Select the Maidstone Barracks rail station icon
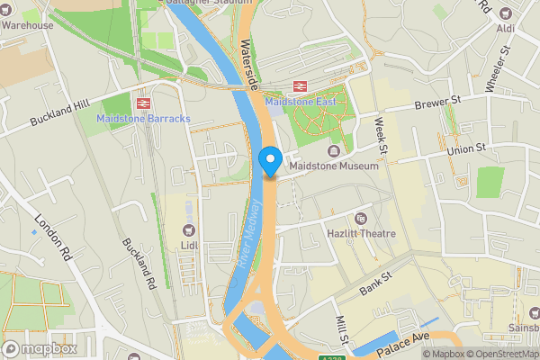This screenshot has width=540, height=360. click(x=139, y=103)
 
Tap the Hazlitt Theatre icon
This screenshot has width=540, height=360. click(x=361, y=219)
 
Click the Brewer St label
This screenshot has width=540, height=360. click(x=437, y=105)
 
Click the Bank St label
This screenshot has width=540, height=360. click(x=376, y=285)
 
